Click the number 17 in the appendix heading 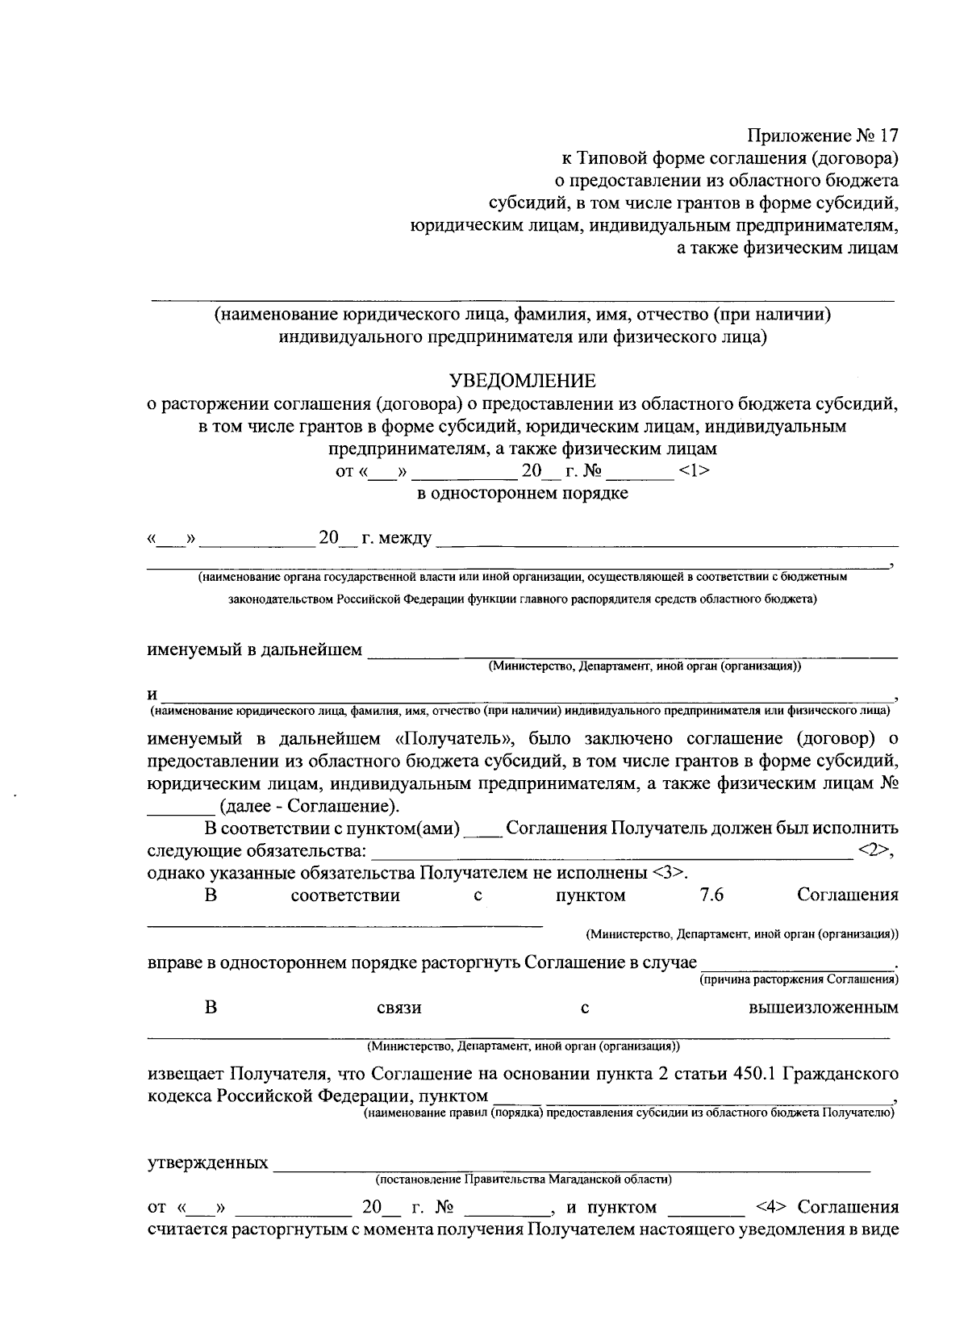[x=885, y=134]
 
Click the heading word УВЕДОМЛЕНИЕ [x=522, y=380]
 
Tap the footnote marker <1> [x=694, y=471]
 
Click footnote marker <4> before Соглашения [x=772, y=1208]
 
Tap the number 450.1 [x=757, y=1074]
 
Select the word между [x=396, y=538]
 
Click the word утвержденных [x=208, y=1163]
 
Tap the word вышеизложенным [x=824, y=1008]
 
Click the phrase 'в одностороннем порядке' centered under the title [x=522, y=493]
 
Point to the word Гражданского [x=841, y=1074]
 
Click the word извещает [x=186, y=1074]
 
